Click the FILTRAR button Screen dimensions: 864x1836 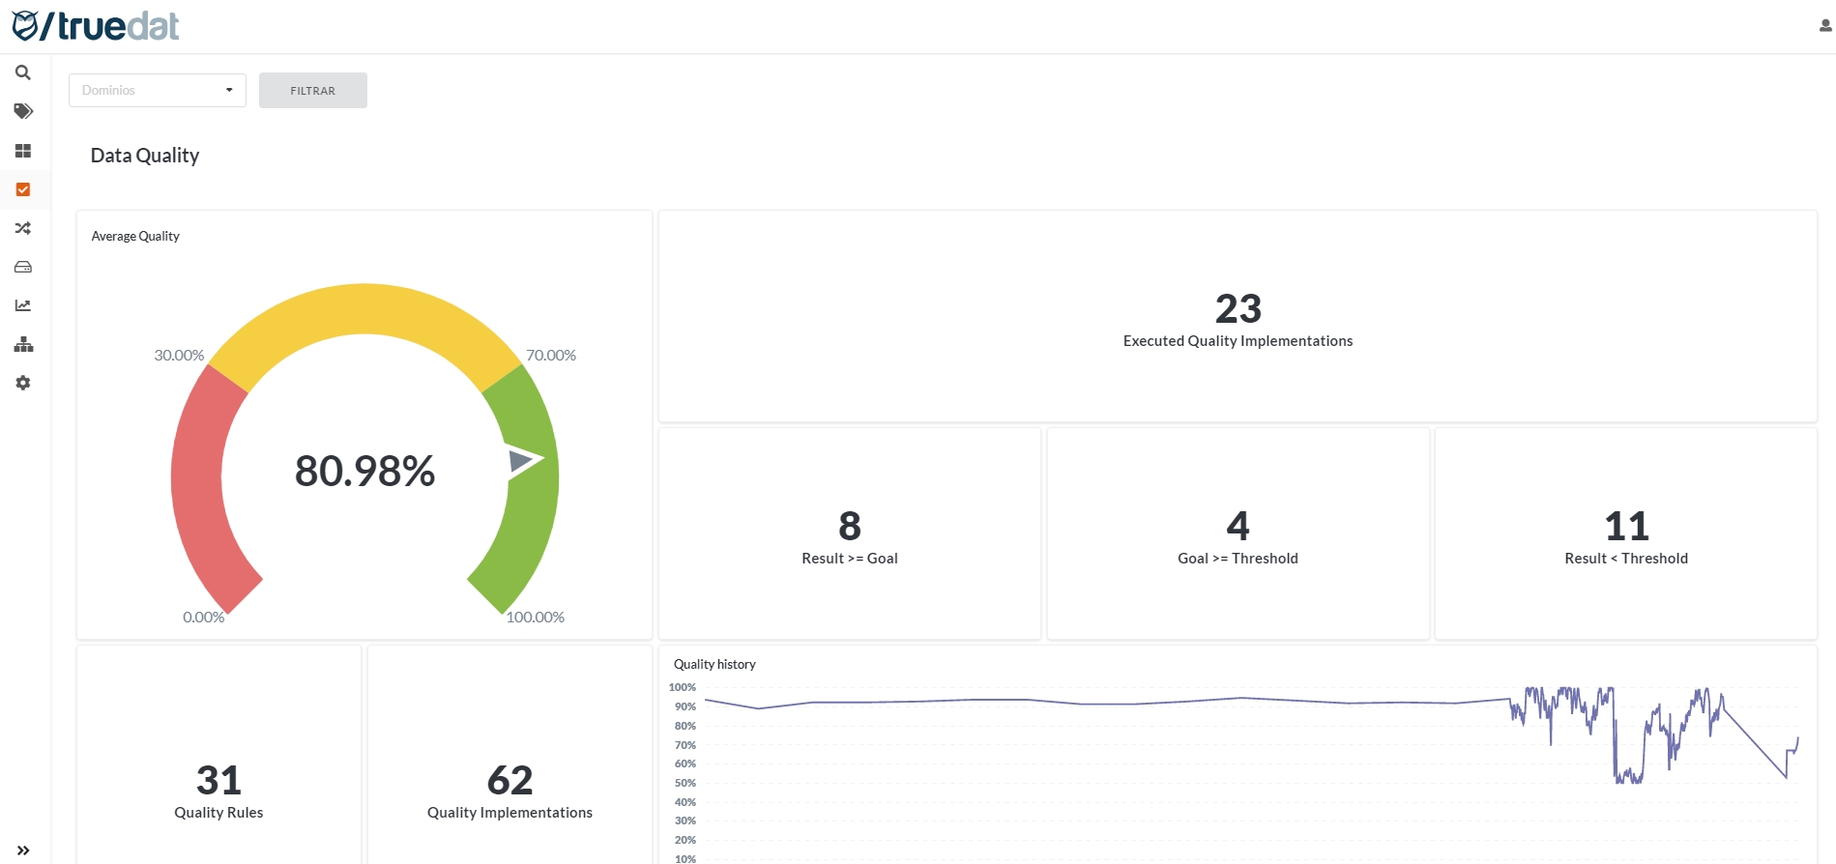pyautogui.click(x=312, y=91)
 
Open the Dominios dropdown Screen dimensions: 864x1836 pyautogui.click(x=157, y=90)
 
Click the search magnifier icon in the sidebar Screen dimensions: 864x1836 pyautogui.click(x=23, y=72)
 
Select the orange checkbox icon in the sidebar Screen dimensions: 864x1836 pyautogui.click(x=23, y=189)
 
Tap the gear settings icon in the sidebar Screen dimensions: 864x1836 pyautogui.click(x=23, y=383)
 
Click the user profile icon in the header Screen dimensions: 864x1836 pyautogui.click(x=1825, y=26)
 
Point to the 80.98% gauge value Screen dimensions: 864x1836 pyautogui.click(x=364, y=472)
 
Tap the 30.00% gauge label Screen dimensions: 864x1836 pyautogui.click(x=179, y=356)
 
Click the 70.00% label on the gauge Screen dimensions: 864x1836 pyautogui.click(x=551, y=356)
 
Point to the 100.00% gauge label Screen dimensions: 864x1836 pyautogui.click(x=536, y=618)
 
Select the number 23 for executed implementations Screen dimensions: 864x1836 pyautogui.click(x=1238, y=309)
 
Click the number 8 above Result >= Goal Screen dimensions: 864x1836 pyautogui.click(x=850, y=527)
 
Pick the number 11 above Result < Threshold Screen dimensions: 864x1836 pyautogui.click(x=1626, y=527)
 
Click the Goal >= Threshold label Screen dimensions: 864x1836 pyautogui.click(x=1238, y=559)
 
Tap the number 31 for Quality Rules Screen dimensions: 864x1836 pyautogui.click(x=219, y=780)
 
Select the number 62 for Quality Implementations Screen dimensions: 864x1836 pyautogui.click(x=510, y=780)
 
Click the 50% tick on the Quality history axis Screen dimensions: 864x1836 pyautogui.click(x=685, y=783)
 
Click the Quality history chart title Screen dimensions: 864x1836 pyautogui.click(x=714, y=664)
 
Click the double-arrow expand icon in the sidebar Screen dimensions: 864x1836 pyautogui.click(x=23, y=850)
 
